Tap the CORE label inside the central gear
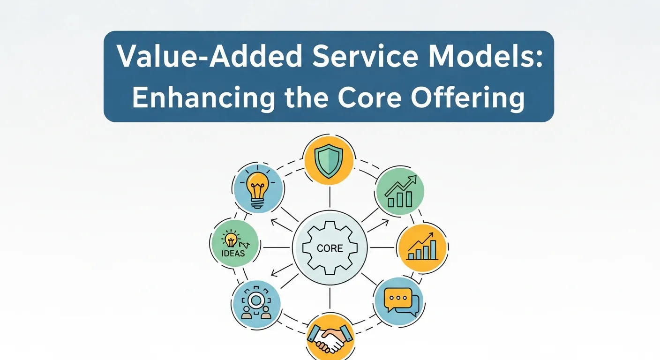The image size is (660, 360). coord(330,248)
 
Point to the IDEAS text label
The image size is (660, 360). coord(233,254)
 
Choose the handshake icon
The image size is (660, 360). coord(329,338)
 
